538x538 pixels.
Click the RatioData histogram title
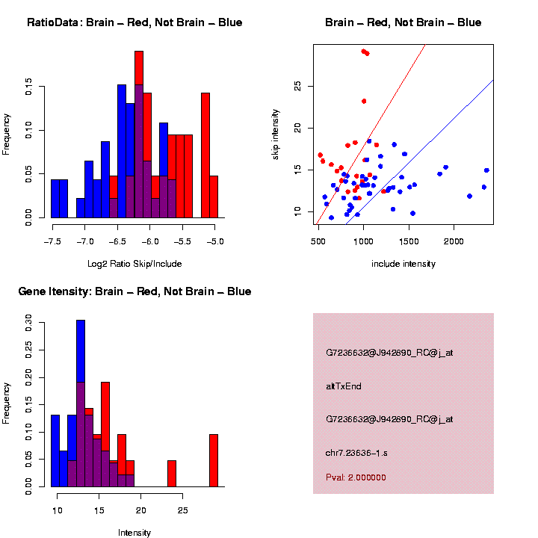click(x=134, y=22)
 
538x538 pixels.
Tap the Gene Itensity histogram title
click(x=134, y=291)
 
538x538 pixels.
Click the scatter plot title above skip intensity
click(x=403, y=22)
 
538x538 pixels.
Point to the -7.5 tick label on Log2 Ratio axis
click(x=52, y=243)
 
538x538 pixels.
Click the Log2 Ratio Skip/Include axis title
click(x=134, y=264)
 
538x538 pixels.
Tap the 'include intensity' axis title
click(x=403, y=264)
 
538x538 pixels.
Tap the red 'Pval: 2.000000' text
click(x=356, y=477)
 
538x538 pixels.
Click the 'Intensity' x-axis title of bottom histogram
click(x=134, y=533)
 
